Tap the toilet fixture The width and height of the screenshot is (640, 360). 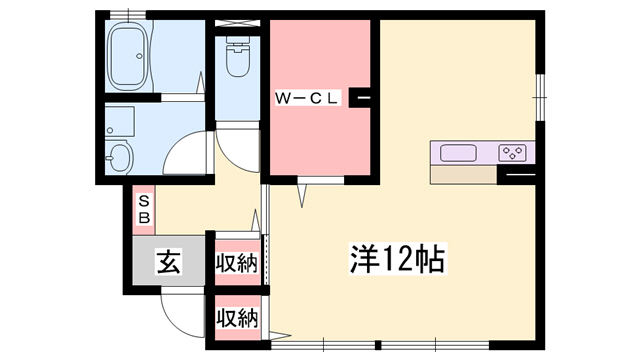click(237, 60)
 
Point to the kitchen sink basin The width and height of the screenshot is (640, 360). click(458, 153)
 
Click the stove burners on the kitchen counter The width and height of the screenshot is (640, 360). click(513, 153)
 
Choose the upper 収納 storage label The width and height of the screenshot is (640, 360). click(237, 264)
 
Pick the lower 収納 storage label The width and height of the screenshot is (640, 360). click(237, 319)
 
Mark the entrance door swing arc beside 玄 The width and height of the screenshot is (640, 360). click(180, 316)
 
